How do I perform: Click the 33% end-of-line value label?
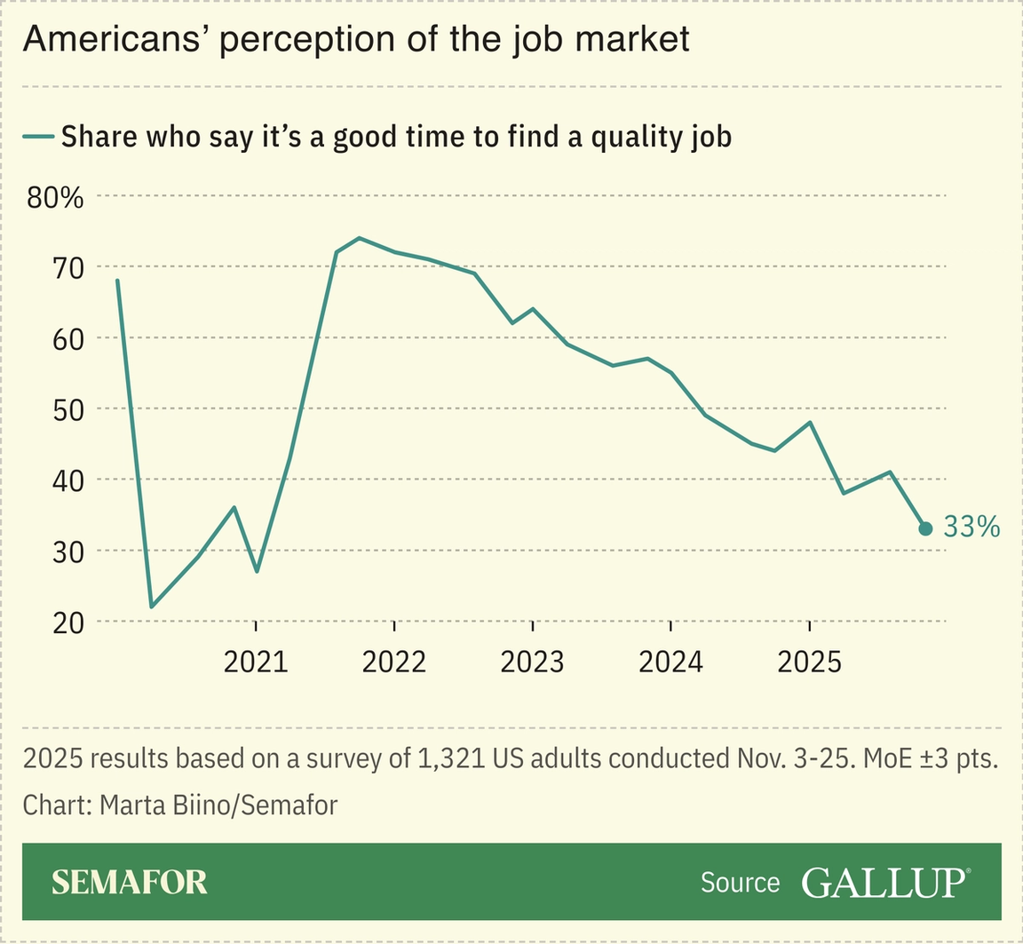[x=971, y=528]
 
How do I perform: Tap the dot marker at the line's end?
[x=925, y=528]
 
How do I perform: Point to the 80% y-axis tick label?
[x=55, y=197]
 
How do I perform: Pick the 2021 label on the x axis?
[x=256, y=662]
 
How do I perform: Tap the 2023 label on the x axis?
[x=532, y=662]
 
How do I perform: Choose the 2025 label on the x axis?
[x=808, y=662]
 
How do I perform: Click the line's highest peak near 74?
[x=359, y=238]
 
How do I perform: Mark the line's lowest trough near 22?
[x=152, y=607]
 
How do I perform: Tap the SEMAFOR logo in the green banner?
[x=130, y=882]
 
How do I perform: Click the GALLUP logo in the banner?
[x=884, y=882]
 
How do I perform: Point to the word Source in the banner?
[x=740, y=883]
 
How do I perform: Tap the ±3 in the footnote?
[x=932, y=759]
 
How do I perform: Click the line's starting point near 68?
[x=117, y=281]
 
